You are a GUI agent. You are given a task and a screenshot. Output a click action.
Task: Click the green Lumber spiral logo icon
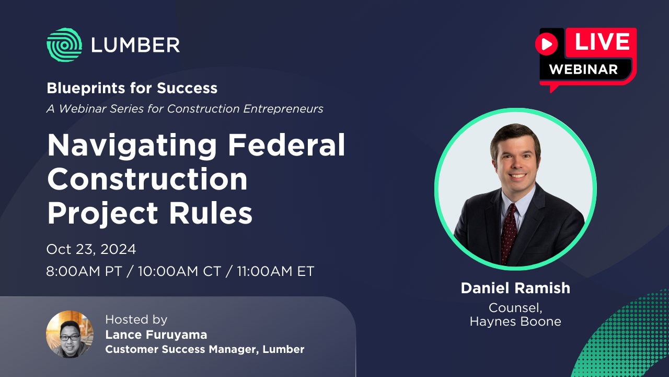[x=64, y=45]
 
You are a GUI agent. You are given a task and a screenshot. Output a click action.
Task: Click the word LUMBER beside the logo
[x=135, y=45]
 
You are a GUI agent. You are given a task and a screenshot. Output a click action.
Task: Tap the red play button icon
[x=547, y=44]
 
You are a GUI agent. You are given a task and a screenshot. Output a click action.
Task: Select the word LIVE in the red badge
[x=602, y=42]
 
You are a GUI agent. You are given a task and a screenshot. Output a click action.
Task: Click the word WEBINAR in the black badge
[x=583, y=69]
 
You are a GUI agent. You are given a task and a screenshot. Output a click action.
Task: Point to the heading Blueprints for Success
[x=132, y=88]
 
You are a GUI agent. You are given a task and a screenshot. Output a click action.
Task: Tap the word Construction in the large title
[x=147, y=179]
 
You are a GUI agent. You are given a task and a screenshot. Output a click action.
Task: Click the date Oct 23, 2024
[x=91, y=249]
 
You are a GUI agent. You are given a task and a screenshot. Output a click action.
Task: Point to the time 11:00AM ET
[x=275, y=272]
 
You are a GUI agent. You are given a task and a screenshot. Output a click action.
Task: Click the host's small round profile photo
[x=70, y=334]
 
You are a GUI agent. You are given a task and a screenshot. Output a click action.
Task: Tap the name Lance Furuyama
[x=156, y=335]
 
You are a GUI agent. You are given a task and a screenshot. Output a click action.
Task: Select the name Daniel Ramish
[x=515, y=288]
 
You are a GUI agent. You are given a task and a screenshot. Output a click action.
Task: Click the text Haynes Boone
[x=515, y=321]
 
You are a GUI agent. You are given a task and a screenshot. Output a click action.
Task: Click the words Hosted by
[x=136, y=319]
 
